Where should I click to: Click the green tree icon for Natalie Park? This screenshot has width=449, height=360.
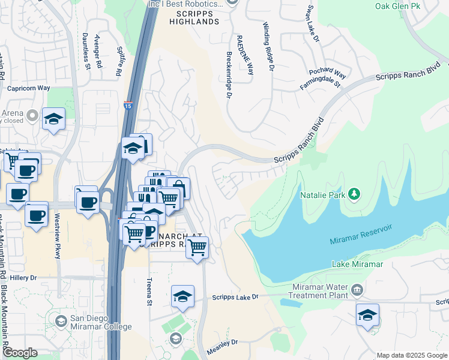pyautogui.click(x=355, y=194)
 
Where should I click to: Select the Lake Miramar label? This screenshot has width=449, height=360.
pyautogui.click(x=357, y=265)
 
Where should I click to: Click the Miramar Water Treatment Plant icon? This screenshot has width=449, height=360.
pyautogui.click(x=357, y=290)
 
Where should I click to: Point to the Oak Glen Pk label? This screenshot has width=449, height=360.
pyautogui.click(x=397, y=6)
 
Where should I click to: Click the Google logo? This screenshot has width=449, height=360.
pyautogui.click(x=20, y=353)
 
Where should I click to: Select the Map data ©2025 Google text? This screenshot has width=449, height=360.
pyautogui.click(x=412, y=355)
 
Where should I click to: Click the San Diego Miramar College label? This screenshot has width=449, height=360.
pyautogui.click(x=100, y=322)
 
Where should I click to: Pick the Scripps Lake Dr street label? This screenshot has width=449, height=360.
pyautogui.click(x=235, y=297)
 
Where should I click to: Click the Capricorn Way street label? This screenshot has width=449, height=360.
pyautogui.click(x=28, y=88)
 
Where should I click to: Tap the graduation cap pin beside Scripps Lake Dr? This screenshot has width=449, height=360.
pyautogui.click(x=183, y=296)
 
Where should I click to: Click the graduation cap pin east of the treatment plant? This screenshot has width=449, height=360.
pyautogui.click(x=367, y=315)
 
